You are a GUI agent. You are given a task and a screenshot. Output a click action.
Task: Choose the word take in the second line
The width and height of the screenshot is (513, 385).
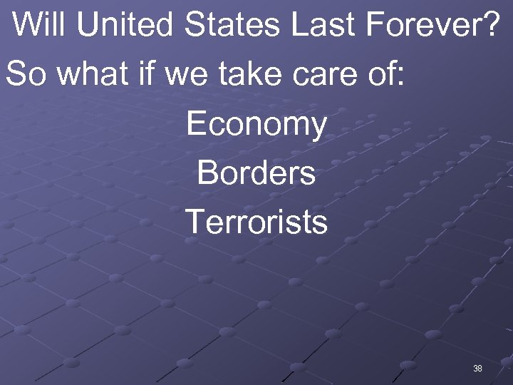(x=250, y=74)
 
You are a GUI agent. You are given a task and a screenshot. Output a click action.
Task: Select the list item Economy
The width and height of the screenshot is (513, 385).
(x=256, y=125)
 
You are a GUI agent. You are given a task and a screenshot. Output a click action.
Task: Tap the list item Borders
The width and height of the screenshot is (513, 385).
(x=256, y=173)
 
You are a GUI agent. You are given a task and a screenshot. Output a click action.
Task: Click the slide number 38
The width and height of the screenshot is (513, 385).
(x=477, y=369)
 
